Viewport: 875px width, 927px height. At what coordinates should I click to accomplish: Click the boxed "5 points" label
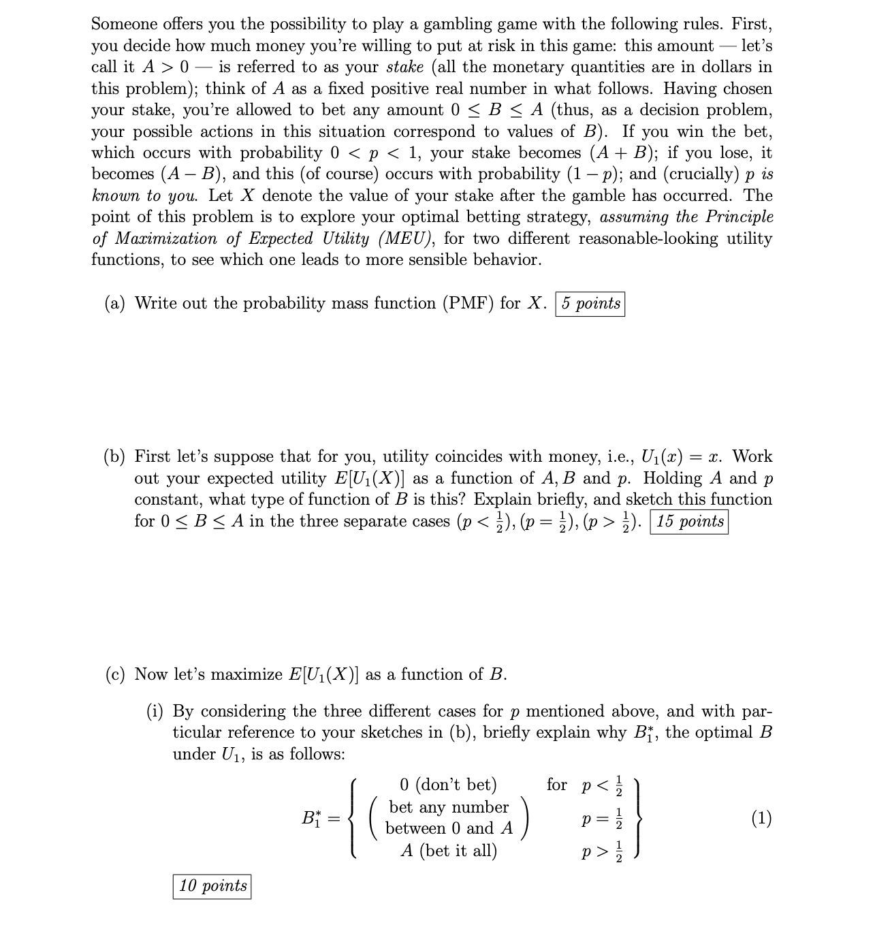coord(590,304)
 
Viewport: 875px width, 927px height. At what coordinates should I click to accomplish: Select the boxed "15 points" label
coord(689,522)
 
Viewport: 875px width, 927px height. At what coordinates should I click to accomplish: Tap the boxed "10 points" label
coord(212,886)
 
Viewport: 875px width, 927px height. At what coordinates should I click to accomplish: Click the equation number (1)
coord(761,818)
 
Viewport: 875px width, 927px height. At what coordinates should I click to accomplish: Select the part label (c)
coord(116,675)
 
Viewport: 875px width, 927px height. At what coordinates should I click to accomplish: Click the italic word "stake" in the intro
coord(404,67)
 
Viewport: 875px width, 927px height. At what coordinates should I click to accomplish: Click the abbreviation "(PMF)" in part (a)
coord(468,304)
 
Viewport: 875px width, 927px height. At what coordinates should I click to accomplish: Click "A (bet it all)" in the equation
coord(449,851)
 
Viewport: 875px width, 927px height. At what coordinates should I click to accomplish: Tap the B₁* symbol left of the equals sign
coord(311,818)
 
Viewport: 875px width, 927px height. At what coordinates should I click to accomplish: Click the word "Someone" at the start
coord(125,25)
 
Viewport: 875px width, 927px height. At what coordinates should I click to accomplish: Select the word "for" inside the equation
coord(556,785)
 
